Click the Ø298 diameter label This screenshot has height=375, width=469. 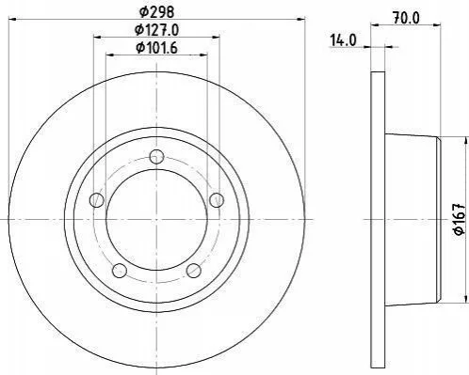click(156, 12)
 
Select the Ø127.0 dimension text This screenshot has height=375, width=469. click(156, 30)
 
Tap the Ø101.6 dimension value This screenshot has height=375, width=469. click(156, 48)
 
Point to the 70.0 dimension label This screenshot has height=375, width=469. click(406, 19)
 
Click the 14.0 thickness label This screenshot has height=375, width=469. click(343, 40)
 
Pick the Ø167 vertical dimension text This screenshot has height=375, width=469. click(459, 218)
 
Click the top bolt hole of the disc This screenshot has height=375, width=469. click(156, 157)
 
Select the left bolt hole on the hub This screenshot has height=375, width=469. click(96, 200)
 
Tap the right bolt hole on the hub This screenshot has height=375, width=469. click(217, 200)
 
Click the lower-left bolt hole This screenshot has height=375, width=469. click(120, 271)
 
